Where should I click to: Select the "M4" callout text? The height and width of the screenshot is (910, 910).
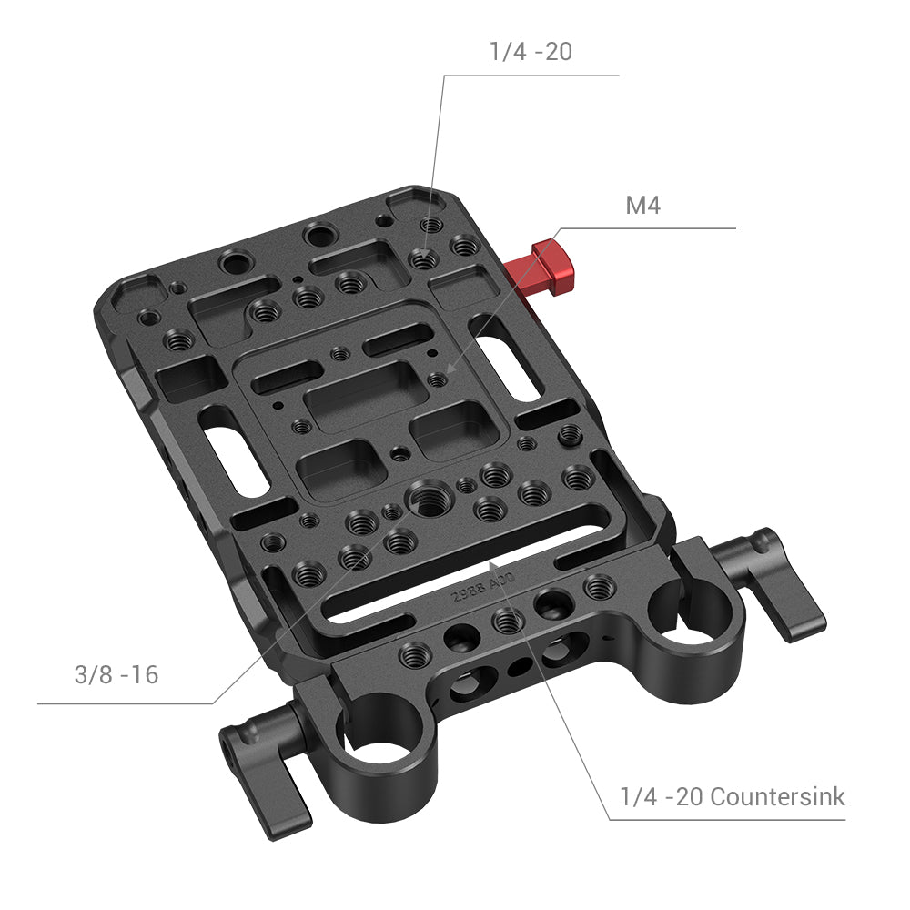642,206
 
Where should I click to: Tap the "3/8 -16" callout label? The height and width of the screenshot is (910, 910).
116,675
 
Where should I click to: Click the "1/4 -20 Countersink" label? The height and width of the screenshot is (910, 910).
732,797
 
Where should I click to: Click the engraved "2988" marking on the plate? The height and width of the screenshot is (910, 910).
467,594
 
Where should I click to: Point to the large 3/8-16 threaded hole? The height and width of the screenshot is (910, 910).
425,497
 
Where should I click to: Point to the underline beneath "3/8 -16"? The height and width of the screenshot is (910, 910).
127,703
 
